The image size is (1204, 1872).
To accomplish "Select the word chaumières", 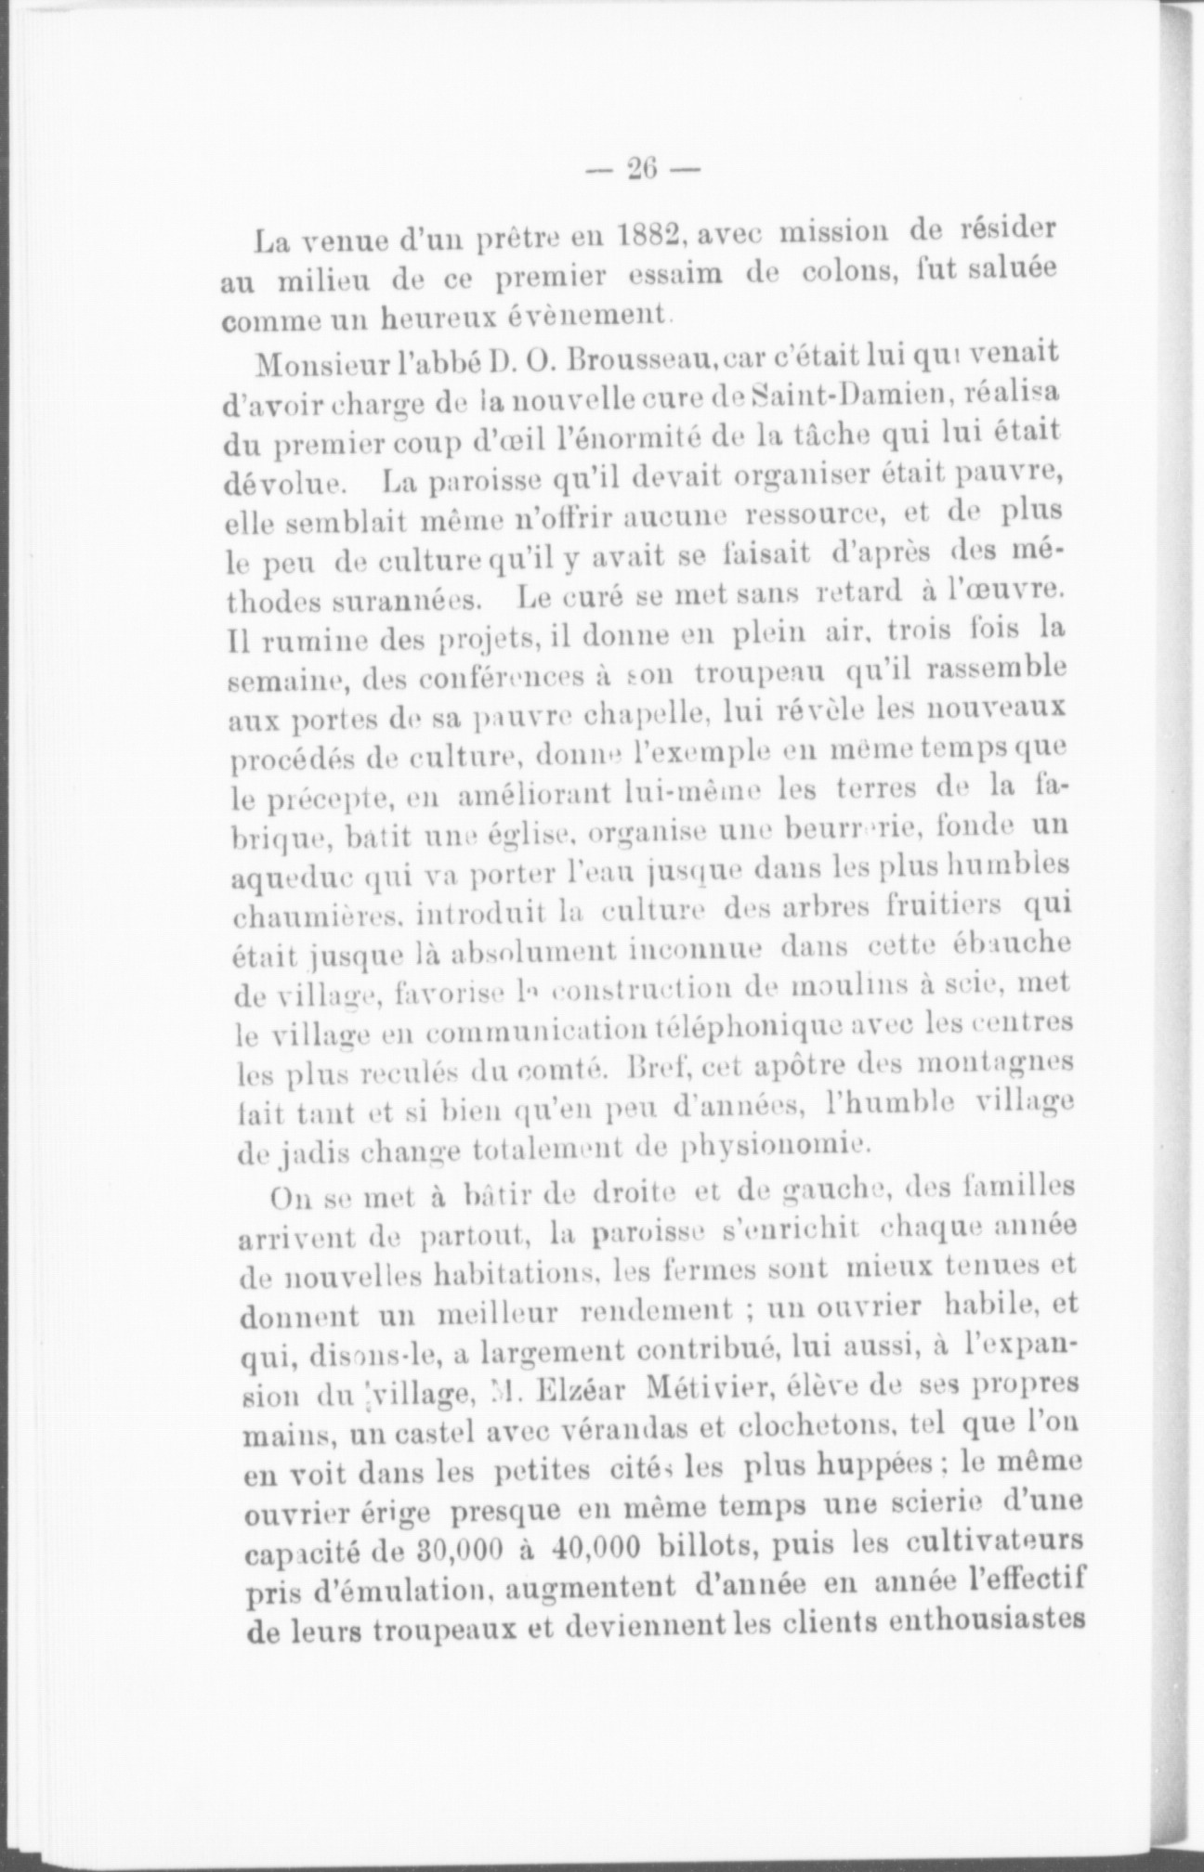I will (304, 916).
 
